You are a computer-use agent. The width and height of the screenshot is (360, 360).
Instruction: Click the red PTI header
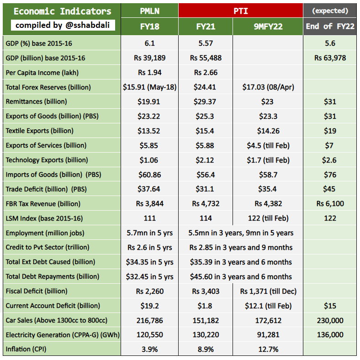[x=241, y=11]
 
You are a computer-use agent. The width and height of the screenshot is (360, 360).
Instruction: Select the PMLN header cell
[x=149, y=11]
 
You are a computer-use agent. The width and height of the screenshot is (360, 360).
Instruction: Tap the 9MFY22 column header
[x=268, y=26]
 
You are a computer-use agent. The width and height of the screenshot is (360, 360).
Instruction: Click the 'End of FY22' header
[x=330, y=26]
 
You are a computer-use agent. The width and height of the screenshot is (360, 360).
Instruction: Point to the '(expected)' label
[x=330, y=11]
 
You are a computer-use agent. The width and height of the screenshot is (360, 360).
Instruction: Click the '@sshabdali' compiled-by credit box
[x=63, y=25]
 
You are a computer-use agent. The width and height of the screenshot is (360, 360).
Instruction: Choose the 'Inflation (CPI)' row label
[x=26, y=349]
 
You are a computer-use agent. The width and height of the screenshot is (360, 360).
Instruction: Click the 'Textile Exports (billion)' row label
[x=39, y=131]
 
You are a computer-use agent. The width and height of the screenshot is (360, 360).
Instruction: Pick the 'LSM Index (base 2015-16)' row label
[x=44, y=218]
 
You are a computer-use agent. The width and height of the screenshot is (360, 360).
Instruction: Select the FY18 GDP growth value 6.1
[x=149, y=43]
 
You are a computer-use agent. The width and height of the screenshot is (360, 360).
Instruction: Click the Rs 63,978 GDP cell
[x=330, y=58]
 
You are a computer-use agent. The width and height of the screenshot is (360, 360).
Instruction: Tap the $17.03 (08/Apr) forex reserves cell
[x=268, y=87]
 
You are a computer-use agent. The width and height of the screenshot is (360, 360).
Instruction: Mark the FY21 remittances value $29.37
[x=205, y=101]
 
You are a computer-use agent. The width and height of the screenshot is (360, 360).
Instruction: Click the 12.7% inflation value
[x=268, y=349]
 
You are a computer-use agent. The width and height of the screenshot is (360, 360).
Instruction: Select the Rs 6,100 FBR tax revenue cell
[x=330, y=203]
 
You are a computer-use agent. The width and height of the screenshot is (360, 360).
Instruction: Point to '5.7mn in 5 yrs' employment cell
[x=149, y=233]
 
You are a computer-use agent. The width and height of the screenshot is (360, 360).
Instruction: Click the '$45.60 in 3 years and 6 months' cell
[x=241, y=276]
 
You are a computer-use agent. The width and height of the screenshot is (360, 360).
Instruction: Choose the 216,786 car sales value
[x=149, y=320]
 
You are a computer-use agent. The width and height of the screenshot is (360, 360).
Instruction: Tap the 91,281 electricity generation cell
[x=268, y=335]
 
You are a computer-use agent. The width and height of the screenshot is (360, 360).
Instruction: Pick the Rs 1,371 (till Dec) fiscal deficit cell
[x=268, y=291]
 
